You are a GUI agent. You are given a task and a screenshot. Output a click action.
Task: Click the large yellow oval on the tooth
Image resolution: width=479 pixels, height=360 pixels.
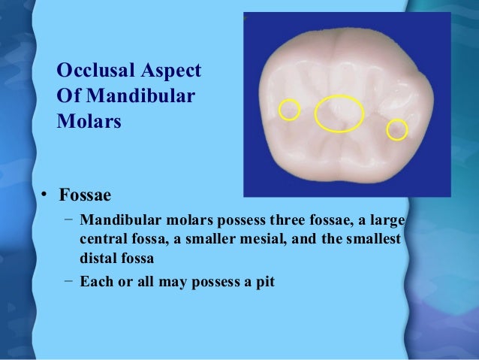click(x=339, y=113)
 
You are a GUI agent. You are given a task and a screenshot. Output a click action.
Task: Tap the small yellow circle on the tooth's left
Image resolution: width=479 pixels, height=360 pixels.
click(x=288, y=110)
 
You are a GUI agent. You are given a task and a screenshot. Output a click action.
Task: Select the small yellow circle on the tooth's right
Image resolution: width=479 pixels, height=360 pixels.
click(x=396, y=130)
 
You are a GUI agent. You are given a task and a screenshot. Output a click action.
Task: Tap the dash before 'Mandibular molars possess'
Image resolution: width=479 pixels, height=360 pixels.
click(x=68, y=220)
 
